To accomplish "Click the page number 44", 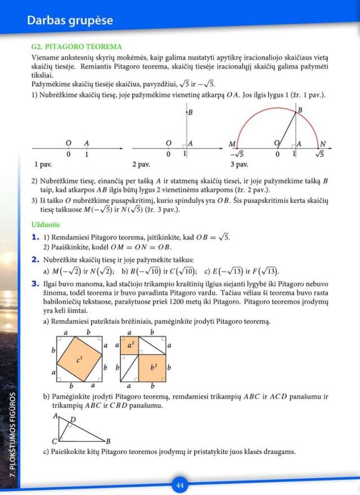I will click(180, 485).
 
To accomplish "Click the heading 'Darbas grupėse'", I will click(70, 21).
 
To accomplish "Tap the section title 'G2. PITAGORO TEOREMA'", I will click(76, 46).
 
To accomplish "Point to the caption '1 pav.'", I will click(43, 165).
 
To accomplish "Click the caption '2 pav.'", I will click(141, 165).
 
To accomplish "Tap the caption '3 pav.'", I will click(239, 165).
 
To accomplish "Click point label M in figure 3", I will click(232, 144).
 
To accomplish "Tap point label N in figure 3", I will click(323, 144).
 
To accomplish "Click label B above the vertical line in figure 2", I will click(190, 112).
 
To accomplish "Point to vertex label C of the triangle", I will click(55, 441).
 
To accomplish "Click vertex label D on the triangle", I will click(73, 420).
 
